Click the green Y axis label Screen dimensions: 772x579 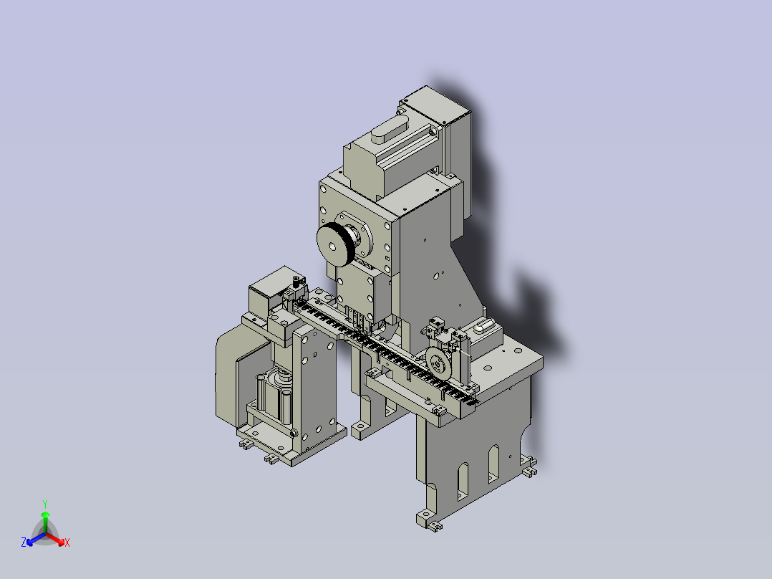[45, 504]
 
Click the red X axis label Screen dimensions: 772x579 [67, 542]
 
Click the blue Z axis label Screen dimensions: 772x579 [24, 542]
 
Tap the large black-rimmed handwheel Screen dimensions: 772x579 [335, 244]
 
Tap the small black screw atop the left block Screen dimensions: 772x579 [296, 282]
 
